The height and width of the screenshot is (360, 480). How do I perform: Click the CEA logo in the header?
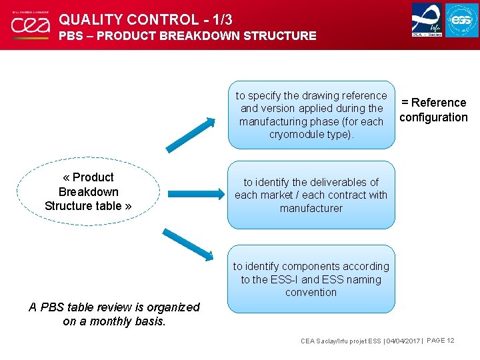[x=30, y=25]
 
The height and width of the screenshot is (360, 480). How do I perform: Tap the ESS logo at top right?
[x=461, y=20]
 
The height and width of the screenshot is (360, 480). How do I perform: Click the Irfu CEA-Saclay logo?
[x=427, y=19]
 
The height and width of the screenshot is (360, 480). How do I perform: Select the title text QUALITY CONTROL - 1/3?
[x=145, y=19]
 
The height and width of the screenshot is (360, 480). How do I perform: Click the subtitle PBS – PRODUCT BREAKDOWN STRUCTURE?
[x=187, y=36]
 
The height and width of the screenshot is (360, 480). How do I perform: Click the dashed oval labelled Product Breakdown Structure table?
[x=87, y=191]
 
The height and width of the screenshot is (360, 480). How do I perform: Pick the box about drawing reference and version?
[x=311, y=115]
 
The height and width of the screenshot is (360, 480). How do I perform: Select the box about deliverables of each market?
[x=311, y=195]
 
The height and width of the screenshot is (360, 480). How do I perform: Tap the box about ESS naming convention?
[x=311, y=279]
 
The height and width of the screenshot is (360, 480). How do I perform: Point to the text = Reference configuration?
[x=433, y=110]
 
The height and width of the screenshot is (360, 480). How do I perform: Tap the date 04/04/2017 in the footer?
[x=403, y=341]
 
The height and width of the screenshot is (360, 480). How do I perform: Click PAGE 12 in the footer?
[x=440, y=341]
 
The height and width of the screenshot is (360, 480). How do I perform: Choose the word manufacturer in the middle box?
[x=311, y=208]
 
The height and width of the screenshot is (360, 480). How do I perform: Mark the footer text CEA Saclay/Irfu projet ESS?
[x=341, y=341]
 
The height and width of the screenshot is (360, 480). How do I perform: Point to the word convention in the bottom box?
[x=311, y=292]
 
